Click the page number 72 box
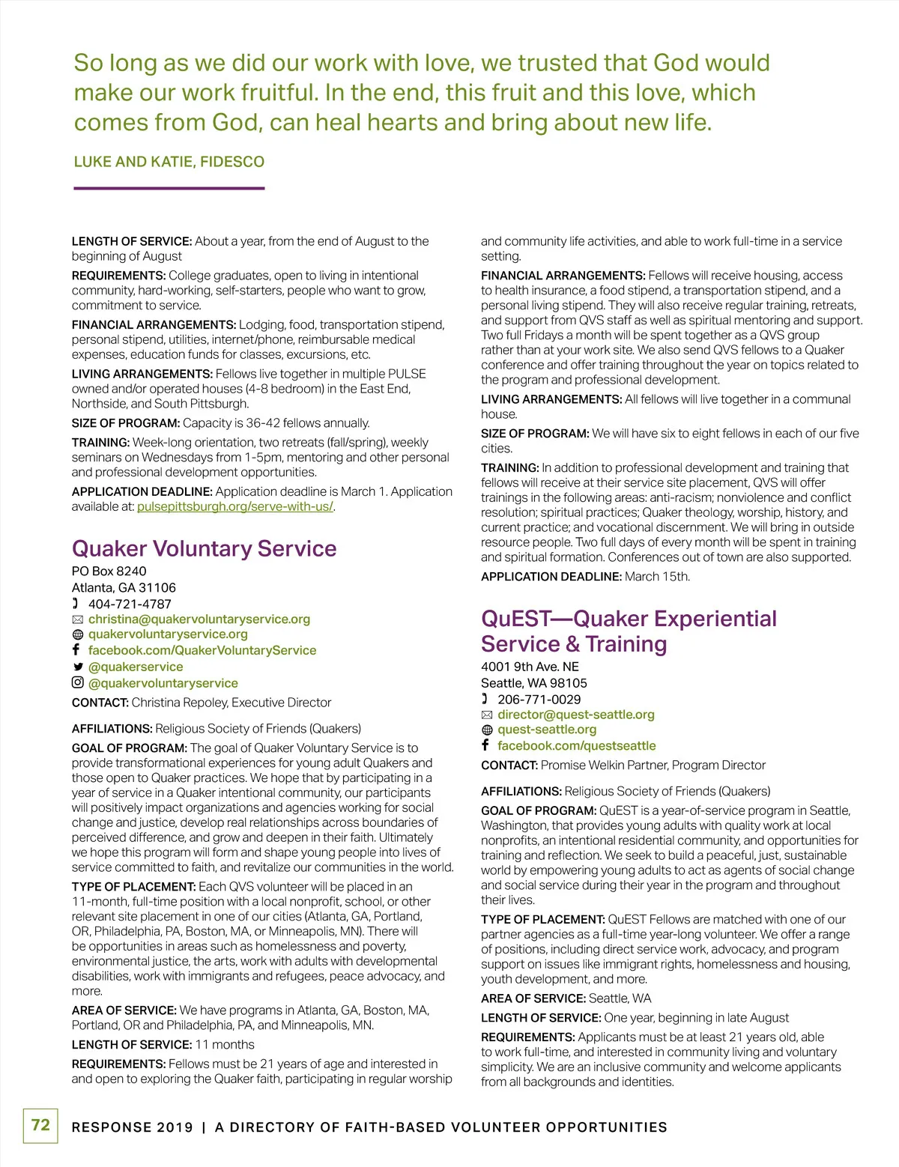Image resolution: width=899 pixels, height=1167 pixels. [x=40, y=1125]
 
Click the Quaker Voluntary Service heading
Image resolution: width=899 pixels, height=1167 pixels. [x=204, y=548]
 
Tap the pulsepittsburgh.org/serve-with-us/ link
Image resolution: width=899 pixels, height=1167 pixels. [x=235, y=506]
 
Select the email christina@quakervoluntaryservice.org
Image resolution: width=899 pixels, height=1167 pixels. [x=199, y=619]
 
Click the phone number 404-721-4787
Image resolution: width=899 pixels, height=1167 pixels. [x=130, y=604]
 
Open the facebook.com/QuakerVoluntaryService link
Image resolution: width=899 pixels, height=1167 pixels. [x=202, y=650]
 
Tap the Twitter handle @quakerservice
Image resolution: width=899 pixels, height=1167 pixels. [x=136, y=667]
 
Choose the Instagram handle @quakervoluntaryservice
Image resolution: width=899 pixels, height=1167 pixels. [x=163, y=683]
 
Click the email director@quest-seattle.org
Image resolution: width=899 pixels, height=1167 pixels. [x=575, y=715]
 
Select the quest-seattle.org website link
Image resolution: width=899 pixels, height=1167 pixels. [x=547, y=730]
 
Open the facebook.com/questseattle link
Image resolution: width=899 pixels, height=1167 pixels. [x=576, y=746]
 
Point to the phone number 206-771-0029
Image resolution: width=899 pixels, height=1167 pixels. [x=539, y=700]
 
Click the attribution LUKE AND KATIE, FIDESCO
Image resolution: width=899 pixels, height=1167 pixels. [x=169, y=162]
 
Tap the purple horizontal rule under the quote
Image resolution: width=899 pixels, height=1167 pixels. [x=169, y=188]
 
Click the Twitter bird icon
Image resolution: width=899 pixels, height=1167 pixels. [x=77, y=667]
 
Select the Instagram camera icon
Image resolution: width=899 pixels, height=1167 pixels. [x=77, y=682]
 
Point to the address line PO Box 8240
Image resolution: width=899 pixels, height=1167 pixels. [x=109, y=572]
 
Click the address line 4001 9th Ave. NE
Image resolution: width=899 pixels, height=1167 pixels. [x=530, y=667]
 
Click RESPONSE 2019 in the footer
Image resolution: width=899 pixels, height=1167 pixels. [x=132, y=1127]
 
